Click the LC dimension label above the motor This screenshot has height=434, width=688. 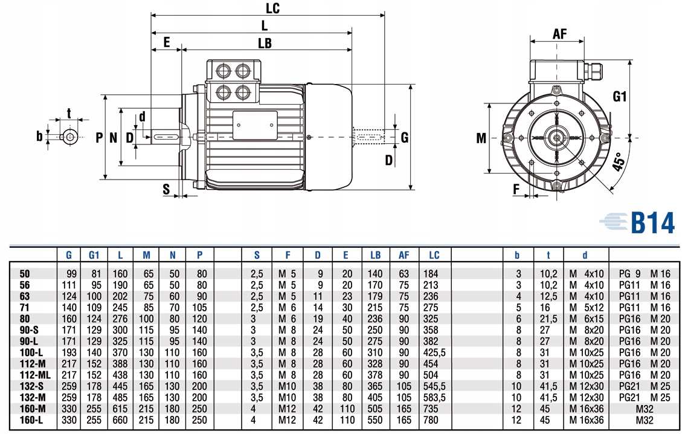pos(274,8)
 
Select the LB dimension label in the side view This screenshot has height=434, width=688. pos(265,44)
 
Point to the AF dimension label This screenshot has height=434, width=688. pos(560,34)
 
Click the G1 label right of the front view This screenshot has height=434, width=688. pos(620,96)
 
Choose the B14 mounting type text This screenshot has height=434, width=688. pos(652,222)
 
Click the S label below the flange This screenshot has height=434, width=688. pos(166,189)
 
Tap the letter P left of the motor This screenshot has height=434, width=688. pos(99,138)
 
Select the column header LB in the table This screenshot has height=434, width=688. pos(376,255)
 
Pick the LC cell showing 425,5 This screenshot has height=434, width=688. pos(436,352)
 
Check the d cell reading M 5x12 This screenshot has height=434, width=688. pos(586,308)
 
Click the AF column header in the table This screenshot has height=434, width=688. pos(403,255)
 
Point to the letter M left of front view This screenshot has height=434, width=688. pos(481,138)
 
